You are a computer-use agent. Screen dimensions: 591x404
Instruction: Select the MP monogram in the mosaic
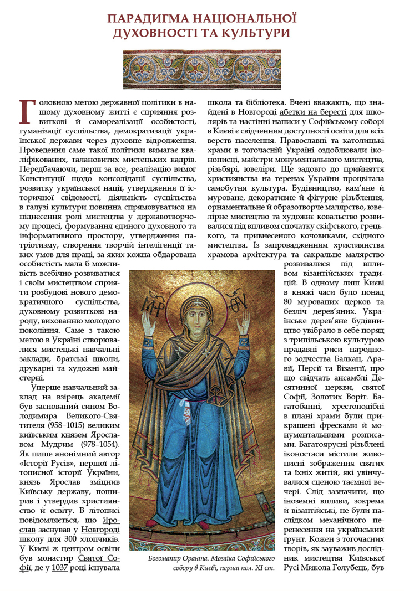pos(148,304)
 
